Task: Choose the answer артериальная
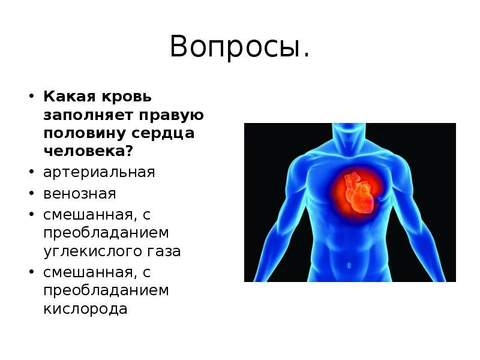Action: [x=99, y=173]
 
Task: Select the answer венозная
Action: [x=80, y=194]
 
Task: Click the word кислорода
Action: [x=85, y=310]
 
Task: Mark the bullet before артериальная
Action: [x=31, y=173]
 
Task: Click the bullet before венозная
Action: [x=31, y=194]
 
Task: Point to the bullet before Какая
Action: [x=31, y=96]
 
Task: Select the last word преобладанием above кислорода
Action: [x=106, y=291]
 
